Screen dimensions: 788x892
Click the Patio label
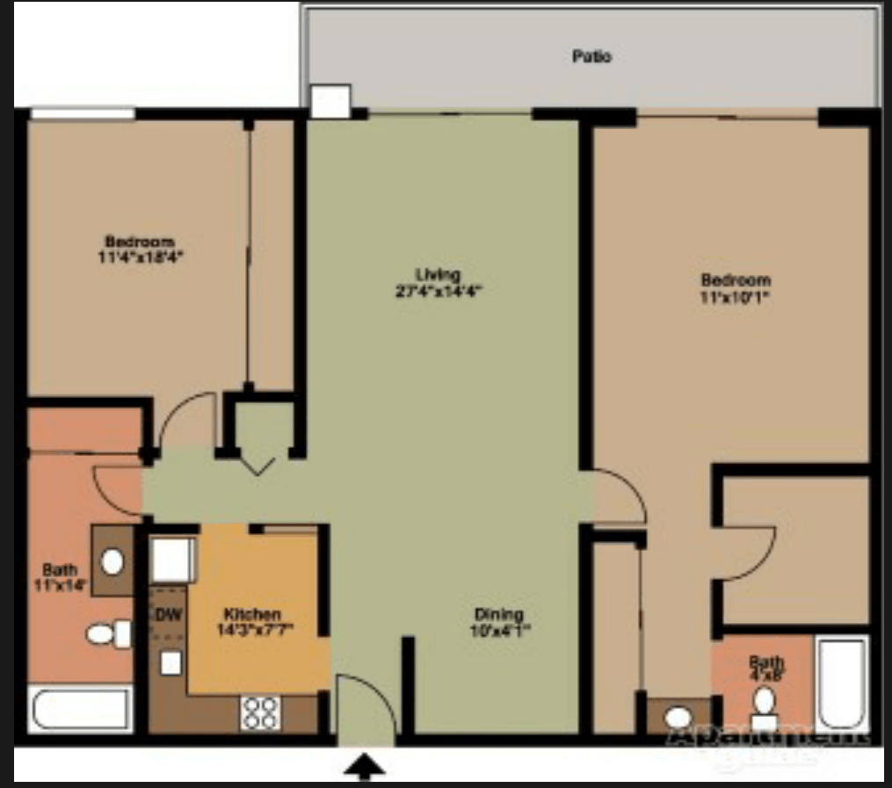pyautogui.click(x=591, y=57)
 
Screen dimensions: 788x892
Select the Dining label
pyautogui.click(x=498, y=615)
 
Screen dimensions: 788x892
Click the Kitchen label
pyautogui.click(x=252, y=614)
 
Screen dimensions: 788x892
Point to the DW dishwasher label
pyautogui.click(x=168, y=614)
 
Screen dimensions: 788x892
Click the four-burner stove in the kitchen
pyautogui.click(x=260, y=712)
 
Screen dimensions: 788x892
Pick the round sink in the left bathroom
pyautogui.click(x=112, y=560)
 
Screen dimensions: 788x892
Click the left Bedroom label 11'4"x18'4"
pyautogui.click(x=140, y=249)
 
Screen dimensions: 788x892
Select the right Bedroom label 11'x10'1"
pyautogui.click(x=736, y=287)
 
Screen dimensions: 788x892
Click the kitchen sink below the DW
pyautogui.click(x=170, y=662)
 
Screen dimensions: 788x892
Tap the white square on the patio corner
pyautogui.click(x=331, y=101)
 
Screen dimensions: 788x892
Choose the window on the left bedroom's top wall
pyautogui.click(x=83, y=113)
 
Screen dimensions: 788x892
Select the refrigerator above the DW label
pyautogui.click(x=172, y=560)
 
